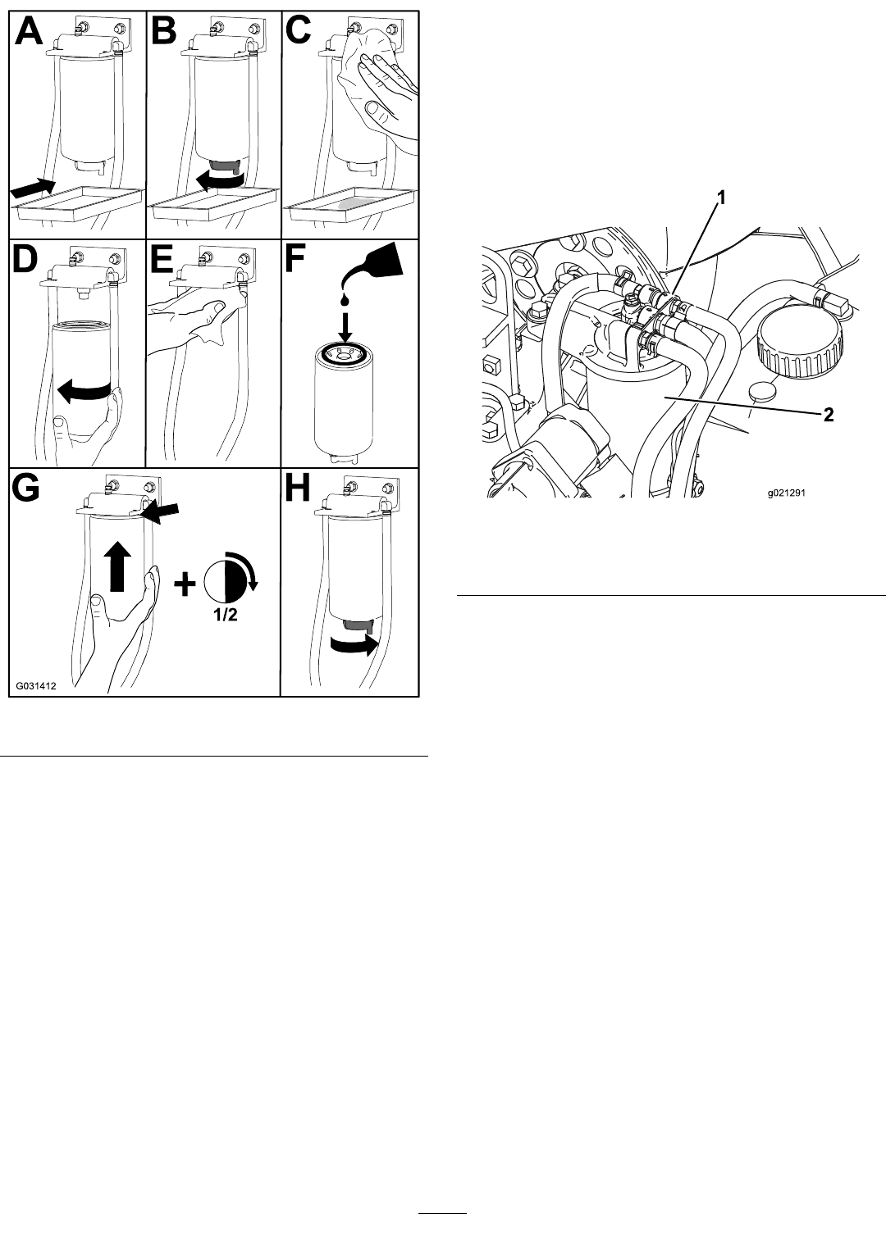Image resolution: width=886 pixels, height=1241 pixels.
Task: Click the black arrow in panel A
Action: [x=33, y=186]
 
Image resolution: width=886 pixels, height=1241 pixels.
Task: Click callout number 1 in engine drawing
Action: [x=721, y=198]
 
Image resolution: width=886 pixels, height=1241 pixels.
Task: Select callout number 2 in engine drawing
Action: [x=828, y=416]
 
